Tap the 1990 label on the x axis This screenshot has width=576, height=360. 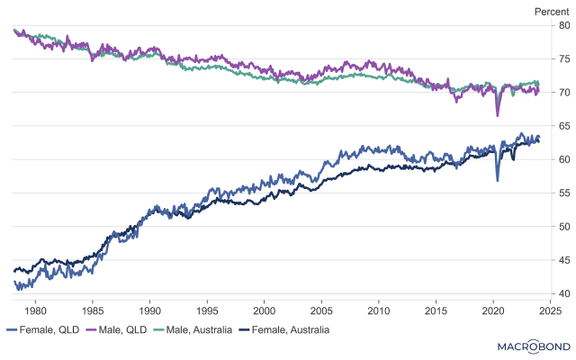149,310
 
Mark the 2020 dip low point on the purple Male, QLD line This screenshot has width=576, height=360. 497,116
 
